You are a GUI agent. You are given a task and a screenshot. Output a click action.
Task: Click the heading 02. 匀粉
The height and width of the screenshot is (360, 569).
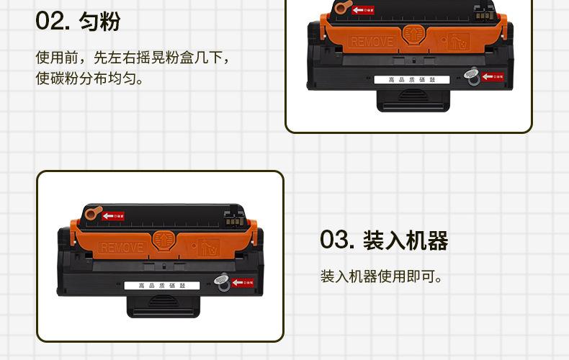78,21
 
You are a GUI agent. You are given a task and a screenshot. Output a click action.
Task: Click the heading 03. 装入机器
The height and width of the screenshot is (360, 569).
384,240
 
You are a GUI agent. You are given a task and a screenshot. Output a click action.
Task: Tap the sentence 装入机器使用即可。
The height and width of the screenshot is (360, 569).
381,276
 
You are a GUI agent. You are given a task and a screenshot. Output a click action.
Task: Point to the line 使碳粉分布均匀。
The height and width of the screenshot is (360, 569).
90,78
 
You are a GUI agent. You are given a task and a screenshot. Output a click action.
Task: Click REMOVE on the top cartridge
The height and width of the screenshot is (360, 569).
372,42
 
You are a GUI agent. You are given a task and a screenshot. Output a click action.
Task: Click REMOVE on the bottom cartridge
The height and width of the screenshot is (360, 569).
122,248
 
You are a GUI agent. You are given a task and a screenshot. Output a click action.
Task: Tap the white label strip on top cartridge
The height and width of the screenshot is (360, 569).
411,79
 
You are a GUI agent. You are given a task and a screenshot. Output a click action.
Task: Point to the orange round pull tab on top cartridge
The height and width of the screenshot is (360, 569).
341,8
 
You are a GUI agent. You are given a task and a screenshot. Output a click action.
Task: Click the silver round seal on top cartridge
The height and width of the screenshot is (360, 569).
472,73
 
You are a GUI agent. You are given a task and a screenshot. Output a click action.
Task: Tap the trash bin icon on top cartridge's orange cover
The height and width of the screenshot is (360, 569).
456,39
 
